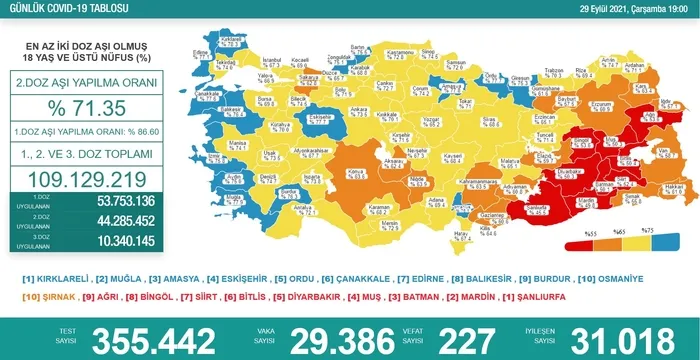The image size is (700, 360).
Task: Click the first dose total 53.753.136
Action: point(111,201)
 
